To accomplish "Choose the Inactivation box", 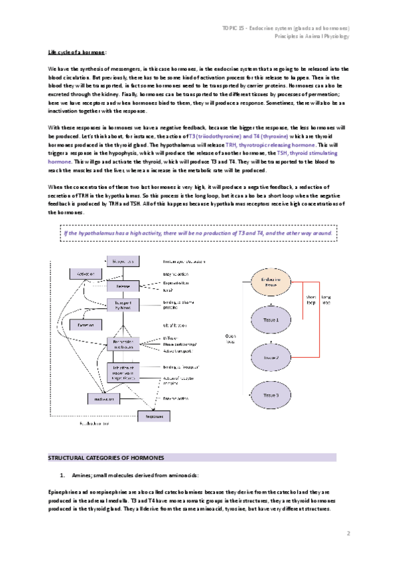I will pos(105,398).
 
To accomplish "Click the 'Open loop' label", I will pos(231,338).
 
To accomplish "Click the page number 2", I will pos(348,532).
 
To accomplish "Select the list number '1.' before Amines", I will pos(62,475).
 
